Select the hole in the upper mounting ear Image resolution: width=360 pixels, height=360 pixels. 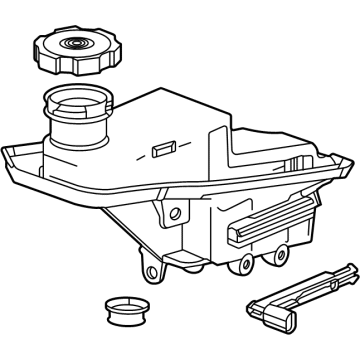177,212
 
